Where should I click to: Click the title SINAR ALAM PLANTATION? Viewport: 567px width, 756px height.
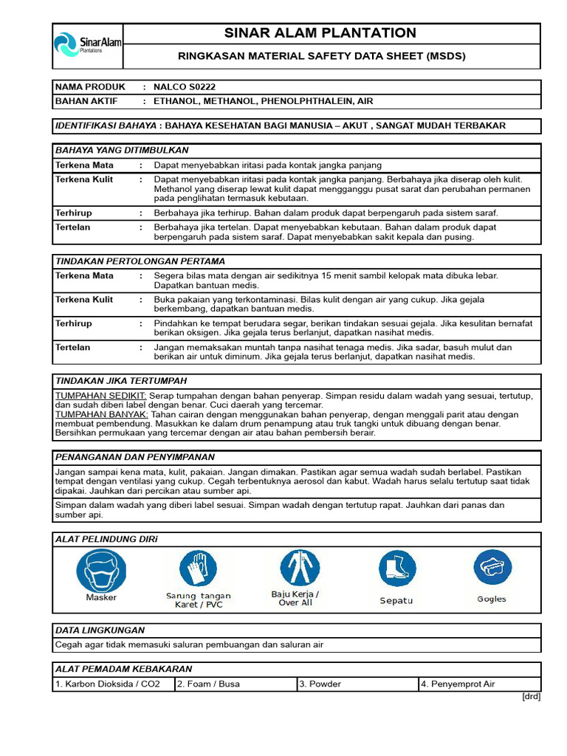pos(331,33)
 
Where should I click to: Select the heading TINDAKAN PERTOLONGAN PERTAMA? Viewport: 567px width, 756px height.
pos(140,261)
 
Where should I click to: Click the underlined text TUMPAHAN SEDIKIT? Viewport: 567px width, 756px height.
pos(100,396)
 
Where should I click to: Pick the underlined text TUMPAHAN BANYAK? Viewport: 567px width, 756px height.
pos(102,414)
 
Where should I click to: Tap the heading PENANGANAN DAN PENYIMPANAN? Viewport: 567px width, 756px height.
pos(135,457)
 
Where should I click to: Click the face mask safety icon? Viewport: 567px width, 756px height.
pos(101,570)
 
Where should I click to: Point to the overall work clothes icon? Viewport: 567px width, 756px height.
pos(299,568)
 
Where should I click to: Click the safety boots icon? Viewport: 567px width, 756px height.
pos(397,568)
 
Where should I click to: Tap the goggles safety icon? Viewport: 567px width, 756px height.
pos(492,568)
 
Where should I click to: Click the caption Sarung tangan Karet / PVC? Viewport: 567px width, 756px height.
pos(198,600)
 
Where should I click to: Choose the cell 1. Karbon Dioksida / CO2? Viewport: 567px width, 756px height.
pos(113,684)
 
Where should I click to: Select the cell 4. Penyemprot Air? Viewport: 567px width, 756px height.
pos(479,684)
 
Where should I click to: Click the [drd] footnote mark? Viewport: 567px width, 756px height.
pos(530,697)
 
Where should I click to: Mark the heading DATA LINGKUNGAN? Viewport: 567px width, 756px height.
pos(100,630)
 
